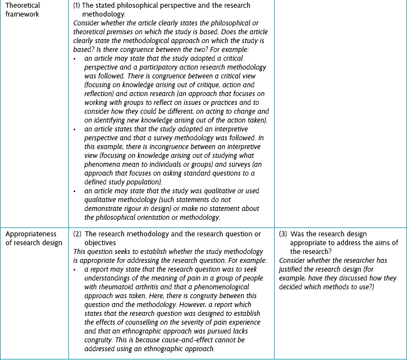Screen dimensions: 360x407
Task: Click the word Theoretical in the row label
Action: pos(24,6)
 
